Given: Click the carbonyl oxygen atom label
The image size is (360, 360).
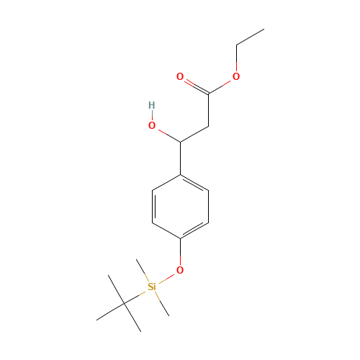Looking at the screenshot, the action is point(180,76).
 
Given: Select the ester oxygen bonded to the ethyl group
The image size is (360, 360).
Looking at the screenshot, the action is point(236,76).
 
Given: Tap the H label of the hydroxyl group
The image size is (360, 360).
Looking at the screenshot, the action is point(151,106).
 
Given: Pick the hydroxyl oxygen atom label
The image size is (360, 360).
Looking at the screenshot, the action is point(152,125).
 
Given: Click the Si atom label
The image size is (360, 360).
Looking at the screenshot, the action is point(151,287).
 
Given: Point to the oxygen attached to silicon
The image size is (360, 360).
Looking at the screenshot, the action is point(180,270).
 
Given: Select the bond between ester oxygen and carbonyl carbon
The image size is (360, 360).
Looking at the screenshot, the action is point(222,84).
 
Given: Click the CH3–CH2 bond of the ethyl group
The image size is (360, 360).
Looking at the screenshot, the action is point(250,37).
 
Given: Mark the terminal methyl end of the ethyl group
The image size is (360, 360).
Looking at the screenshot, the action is point(264,30).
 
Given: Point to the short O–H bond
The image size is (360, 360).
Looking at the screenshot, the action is point(151,115).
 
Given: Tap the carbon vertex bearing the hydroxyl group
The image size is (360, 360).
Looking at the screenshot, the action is point(180,141).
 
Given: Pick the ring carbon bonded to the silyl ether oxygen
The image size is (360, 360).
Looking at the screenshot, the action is point(180,238).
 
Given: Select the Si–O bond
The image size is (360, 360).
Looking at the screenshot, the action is point(166,278).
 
